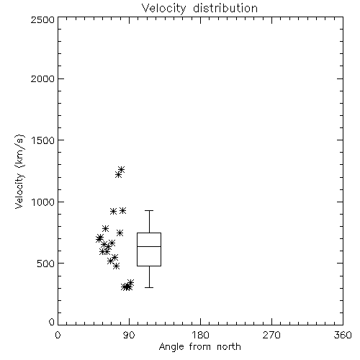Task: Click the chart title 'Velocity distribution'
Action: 199,9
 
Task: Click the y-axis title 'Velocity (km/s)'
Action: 19,171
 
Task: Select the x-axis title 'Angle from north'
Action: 199,347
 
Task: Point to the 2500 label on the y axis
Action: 42,19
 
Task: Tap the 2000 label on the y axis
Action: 42,79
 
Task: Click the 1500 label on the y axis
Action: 43,140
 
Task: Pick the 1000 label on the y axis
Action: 43,202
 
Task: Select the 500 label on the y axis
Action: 46,264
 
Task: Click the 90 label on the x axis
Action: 130,335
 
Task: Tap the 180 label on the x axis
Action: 200,335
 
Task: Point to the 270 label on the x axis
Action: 271,335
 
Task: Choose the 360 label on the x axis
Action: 343,335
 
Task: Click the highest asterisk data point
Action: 121,169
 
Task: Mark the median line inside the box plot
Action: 149,246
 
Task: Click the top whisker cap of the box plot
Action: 149,210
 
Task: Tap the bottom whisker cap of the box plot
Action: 149,287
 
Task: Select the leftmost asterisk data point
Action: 99,239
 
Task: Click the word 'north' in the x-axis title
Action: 229,347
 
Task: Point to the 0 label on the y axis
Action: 52,322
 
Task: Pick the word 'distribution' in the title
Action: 225,9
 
